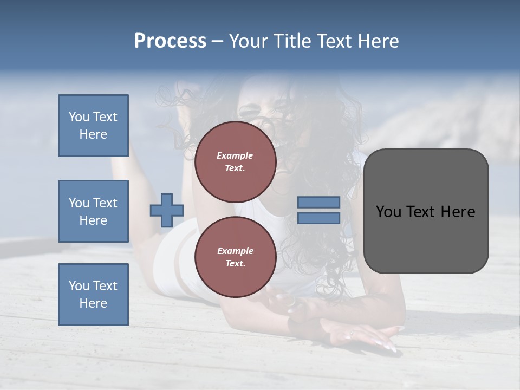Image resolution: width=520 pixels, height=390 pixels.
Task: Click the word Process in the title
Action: tap(170, 41)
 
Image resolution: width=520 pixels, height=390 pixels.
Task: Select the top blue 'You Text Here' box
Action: tap(93, 126)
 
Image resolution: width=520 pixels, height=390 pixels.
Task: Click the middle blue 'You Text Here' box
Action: tap(93, 211)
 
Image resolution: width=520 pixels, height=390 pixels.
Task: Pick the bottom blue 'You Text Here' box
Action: tap(93, 295)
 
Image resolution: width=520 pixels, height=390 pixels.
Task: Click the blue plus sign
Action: tap(167, 210)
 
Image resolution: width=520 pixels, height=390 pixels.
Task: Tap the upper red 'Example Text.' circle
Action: tap(235, 162)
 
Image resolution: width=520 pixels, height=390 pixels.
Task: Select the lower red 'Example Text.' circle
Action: tap(235, 257)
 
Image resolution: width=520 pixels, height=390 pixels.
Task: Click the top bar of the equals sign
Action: tap(318, 202)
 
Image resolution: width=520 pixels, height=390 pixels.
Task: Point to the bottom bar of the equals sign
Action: tap(318, 218)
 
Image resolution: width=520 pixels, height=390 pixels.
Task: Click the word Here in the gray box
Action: tap(458, 211)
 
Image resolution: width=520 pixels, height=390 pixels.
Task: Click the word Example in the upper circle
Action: tap(235, 155)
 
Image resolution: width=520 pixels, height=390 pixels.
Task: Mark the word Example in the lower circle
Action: tap(235, 251)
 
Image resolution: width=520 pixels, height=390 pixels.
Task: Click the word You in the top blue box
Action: tap(79, 117)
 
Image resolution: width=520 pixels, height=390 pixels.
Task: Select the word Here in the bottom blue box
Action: tap(93, 303)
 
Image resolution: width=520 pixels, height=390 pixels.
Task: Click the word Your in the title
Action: tap(249, 41)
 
